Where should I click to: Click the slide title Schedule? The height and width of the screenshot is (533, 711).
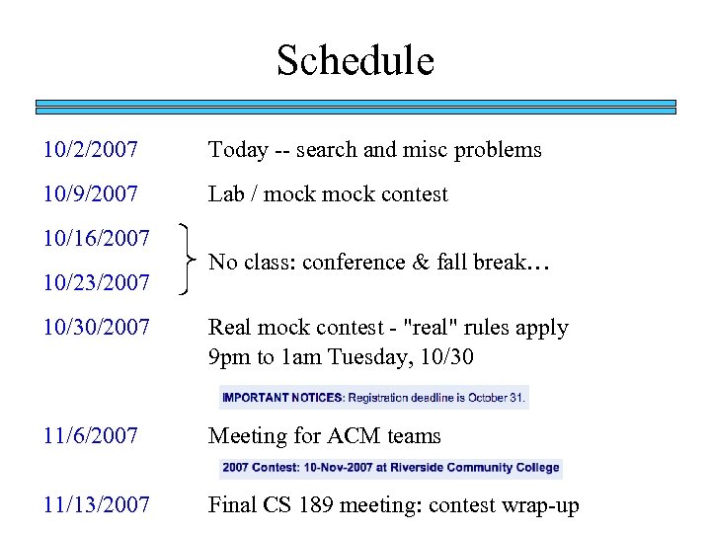tap(355, 60)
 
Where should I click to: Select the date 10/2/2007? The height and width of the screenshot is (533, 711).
tap(90, 150)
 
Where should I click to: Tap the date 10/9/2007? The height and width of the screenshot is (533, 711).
tap(90, 194)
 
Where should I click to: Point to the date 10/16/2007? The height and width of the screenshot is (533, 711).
tap(97, 238)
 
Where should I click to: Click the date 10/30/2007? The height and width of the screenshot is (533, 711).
tap(97, 328)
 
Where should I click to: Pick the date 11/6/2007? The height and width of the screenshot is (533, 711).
tap(90, 436)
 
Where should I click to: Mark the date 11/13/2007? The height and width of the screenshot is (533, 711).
tap(97, 506)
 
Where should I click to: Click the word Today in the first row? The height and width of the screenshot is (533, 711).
tap(237, 150)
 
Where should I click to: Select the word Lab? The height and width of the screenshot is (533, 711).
tap(226, 194)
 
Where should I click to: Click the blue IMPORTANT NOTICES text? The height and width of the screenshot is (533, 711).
tap(281, 398)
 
